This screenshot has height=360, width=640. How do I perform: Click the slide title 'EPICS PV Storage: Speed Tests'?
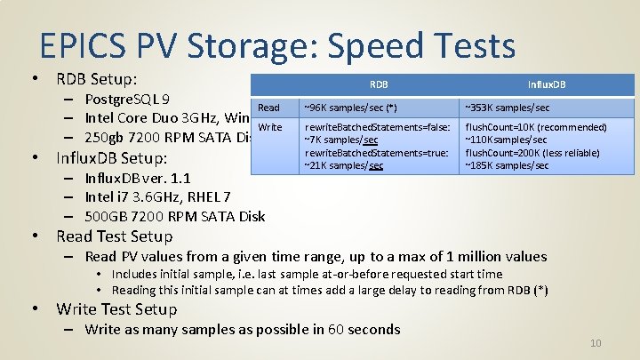tap(276, 46)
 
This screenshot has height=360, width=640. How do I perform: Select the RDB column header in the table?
tap(379, 85)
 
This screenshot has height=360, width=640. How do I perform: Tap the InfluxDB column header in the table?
tap(547, 85)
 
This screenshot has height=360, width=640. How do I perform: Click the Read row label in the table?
tap(268, 108)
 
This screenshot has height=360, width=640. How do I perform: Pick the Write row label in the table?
tap(269, 127)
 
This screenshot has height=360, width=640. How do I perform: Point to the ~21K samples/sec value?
tap(343, 165)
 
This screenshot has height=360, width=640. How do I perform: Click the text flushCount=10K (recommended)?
tap(536, 127)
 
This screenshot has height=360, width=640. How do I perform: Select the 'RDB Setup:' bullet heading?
tap(96, 79)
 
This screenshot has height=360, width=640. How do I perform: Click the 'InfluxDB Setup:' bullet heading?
tap(111, 158)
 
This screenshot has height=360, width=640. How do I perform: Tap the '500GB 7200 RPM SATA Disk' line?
tap(174, 216)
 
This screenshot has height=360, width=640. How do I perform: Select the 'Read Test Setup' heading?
tap(114, 236)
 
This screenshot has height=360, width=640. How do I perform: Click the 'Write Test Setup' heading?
tap(116, 309)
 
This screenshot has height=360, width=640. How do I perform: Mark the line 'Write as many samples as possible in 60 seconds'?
tap(242, 330)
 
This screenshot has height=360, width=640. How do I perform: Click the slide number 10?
tap(596, 344)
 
